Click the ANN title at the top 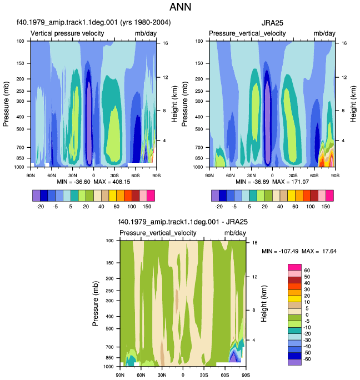coord(180,7)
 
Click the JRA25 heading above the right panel coord(272,23)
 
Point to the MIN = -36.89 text coord(252,182)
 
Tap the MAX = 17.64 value coord(319,251)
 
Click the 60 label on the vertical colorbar coord(307,271)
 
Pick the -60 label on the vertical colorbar coord(307,359)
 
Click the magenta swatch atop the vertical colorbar coord(294,267)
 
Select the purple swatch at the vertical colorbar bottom coord(294,362)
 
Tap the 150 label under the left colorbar coord(147,207)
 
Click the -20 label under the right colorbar coord(219,207)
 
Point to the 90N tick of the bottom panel coord(120,375)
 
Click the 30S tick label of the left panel coord(114,176)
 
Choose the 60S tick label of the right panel coord(314,176)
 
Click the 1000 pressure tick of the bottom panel coord(108,367)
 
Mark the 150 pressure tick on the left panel coord(21,63)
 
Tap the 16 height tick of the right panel coord(344,43)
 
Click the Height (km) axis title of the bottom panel coord(264,304)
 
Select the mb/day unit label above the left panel coord(146,33)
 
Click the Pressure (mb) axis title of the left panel coord(6,104)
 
